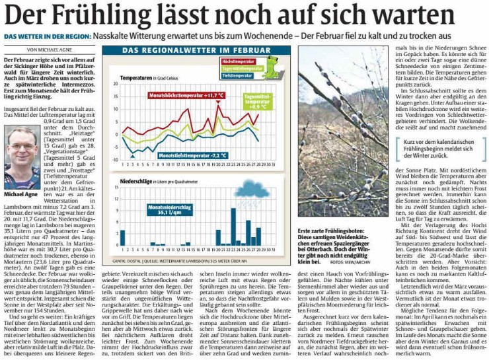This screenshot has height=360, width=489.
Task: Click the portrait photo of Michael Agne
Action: point(22,158)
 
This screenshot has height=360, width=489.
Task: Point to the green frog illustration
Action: point(272,66)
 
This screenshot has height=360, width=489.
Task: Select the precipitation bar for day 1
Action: point(122,237)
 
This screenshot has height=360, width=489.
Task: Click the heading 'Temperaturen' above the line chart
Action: point(137,78)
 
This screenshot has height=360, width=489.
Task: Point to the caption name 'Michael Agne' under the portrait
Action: point(20,195)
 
